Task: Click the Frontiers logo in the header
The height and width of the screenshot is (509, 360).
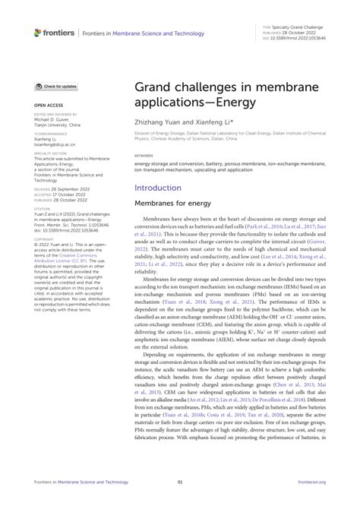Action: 54,33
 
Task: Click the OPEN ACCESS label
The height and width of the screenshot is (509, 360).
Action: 47,106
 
